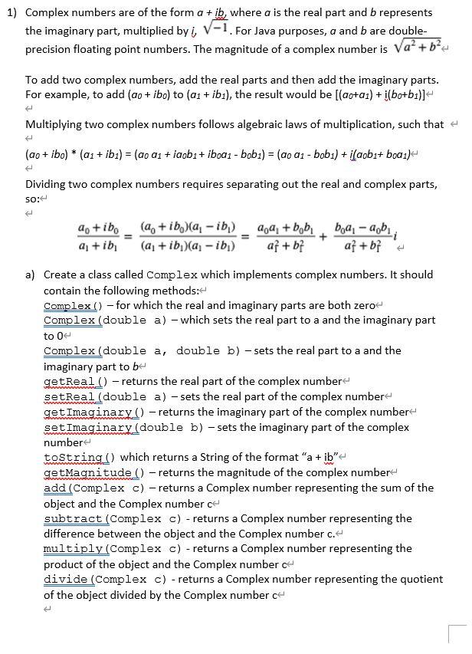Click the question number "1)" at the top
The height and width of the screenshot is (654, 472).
[x=11, y=13]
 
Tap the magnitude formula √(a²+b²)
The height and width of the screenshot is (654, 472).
[x=419, y=49]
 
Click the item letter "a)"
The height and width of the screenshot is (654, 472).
[x=31, y=274]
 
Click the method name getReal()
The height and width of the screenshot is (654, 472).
[x=74, y=381]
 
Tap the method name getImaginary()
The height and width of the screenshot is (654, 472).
[x=94, y=412]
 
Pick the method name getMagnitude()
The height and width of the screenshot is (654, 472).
[x=94, y=472]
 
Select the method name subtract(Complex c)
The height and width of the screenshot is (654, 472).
[x=113, y=518]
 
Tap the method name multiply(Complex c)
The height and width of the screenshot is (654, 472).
[x=113, y=549]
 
